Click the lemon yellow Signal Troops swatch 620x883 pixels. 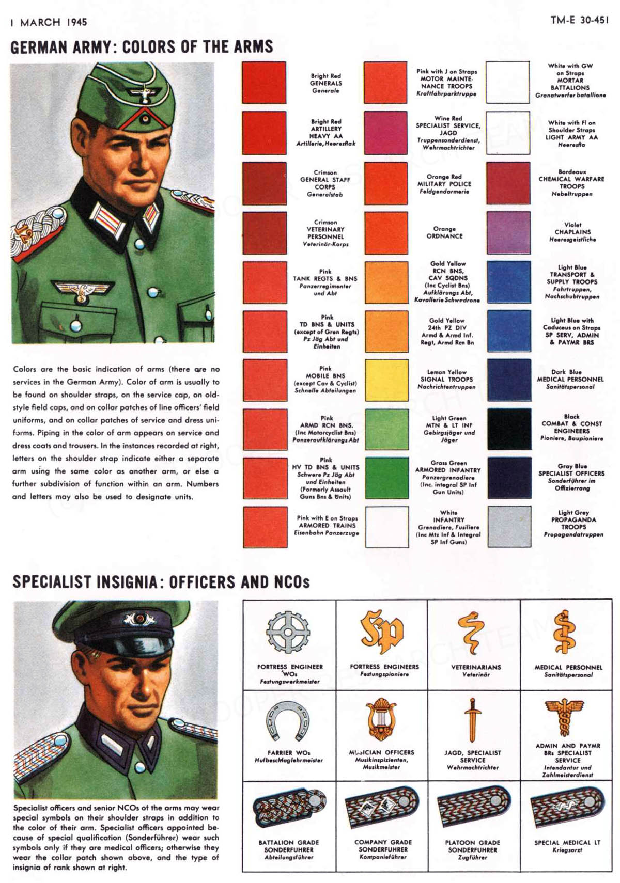386,380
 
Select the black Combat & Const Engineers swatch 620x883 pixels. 509,429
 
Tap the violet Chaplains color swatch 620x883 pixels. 508,232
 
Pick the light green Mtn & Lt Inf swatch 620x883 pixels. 386,429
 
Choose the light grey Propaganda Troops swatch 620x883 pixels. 509,526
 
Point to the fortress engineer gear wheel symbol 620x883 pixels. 288,633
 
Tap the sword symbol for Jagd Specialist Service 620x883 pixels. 472,720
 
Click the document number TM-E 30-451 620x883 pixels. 579,20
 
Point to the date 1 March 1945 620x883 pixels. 49,22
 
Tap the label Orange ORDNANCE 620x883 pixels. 444,232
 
